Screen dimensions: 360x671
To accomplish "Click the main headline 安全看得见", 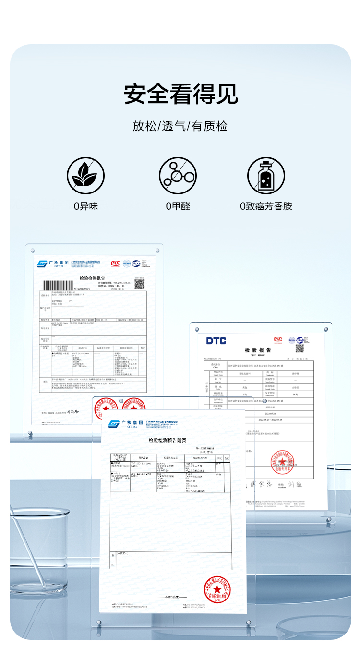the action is pyautogui.click(x=180, y=94).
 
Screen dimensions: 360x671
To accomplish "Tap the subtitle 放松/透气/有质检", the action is pyautogui.click(x=180, y=127).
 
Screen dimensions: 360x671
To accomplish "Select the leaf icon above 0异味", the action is pyautogui.click(x=85, y=176).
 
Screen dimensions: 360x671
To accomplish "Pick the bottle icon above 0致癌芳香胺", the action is pyautogui.click(x=266, y=176).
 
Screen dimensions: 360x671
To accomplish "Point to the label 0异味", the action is pyautogui.click(x=85, y=206).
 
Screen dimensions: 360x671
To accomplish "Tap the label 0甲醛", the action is pyautogui.click(x=178, y=206).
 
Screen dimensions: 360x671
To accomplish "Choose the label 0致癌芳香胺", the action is pyautogui.click(x=266, y=206).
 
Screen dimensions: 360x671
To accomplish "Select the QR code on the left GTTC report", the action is pyautogui.click(x=139, y=284).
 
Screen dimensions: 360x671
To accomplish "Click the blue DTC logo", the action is pyautogui.click(x=216, y=341).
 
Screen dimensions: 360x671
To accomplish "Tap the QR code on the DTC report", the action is pyautogui.click(x=300, y=348).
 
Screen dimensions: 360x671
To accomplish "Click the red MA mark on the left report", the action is pyautogui.click(x=115, y=264).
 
